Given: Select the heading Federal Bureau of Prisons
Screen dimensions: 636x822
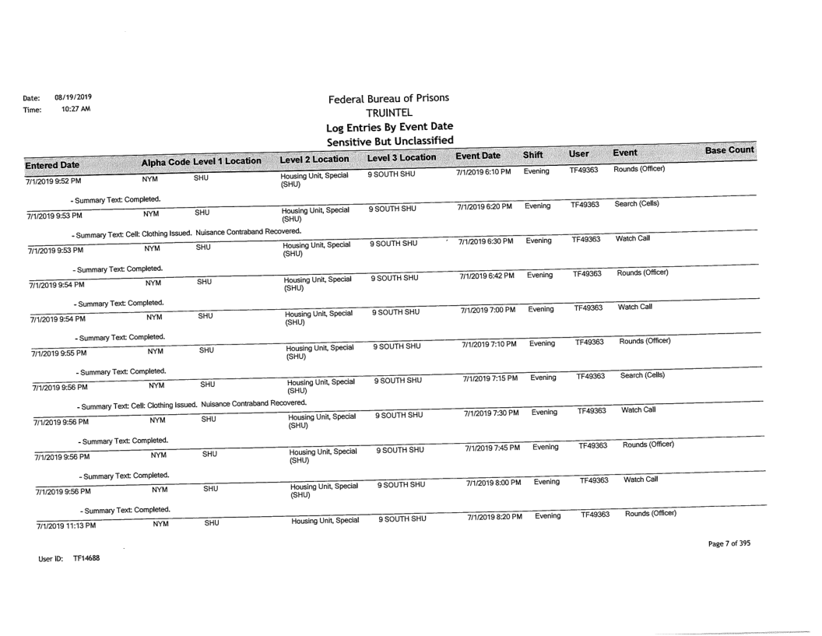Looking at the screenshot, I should click(x=388, y=99).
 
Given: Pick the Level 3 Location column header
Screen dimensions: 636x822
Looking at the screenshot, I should click(x=402, y=157).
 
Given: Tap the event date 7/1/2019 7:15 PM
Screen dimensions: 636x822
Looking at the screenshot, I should click(x=480, y=379).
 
